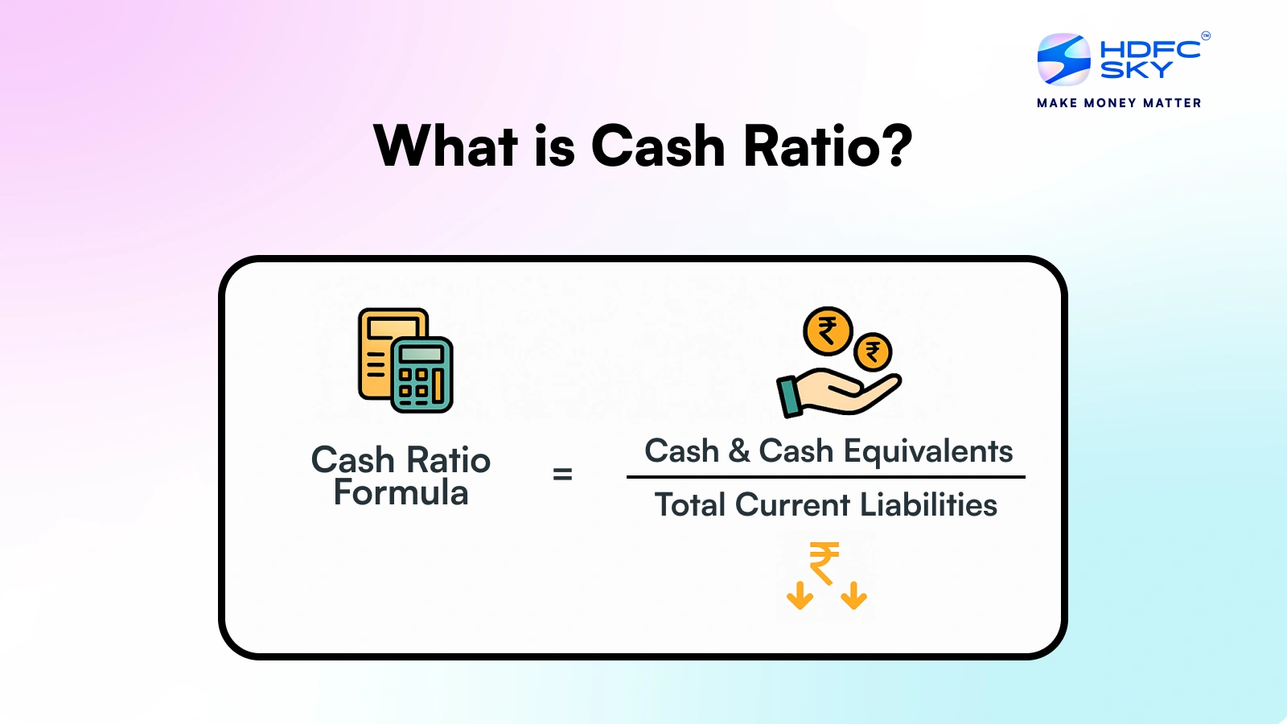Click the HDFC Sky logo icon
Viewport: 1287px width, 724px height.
tap(1063, 60)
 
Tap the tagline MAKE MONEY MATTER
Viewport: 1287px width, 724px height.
tap(1119, 103)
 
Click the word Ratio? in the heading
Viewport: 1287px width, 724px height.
tap(828, 146)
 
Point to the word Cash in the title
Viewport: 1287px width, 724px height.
tap(658, 146)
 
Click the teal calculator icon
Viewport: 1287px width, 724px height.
tap(422, 375)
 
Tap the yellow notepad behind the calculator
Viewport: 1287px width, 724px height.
tap(376, 354)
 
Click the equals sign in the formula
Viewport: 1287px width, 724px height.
tap(562, 475)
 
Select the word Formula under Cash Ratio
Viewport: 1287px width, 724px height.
tap(401, 493)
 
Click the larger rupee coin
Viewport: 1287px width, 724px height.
tap(828, 331)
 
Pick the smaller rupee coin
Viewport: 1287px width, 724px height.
tap(873, 352)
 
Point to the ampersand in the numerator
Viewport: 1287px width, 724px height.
tap(739, 450)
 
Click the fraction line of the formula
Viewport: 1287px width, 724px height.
tap(825, 477)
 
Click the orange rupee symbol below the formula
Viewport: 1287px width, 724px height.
tap(824, 562)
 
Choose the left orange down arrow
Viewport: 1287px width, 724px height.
tap(800, 596)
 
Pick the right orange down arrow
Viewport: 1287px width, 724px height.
tap(853, 596)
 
